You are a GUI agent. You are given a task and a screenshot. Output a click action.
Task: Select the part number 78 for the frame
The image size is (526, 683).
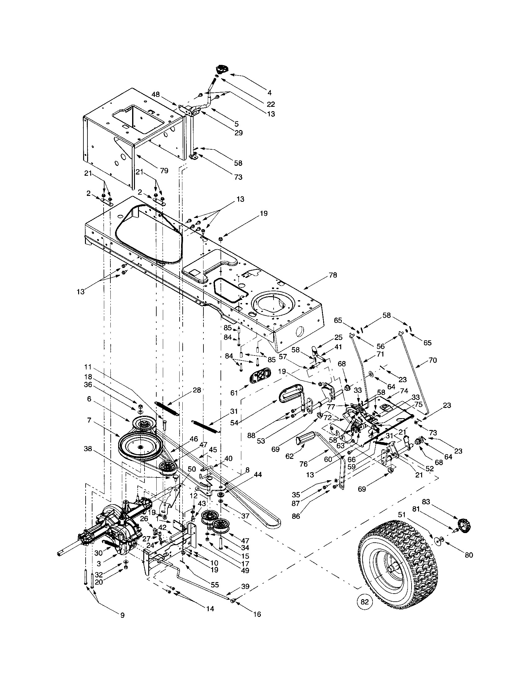pos(333,275)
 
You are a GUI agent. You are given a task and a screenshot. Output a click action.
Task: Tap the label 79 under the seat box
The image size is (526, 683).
pos(164,171)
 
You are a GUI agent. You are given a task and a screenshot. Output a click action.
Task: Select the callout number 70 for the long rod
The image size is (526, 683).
pos(432,360)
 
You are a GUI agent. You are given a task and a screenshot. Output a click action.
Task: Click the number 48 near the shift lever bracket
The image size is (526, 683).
pos(155,94)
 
